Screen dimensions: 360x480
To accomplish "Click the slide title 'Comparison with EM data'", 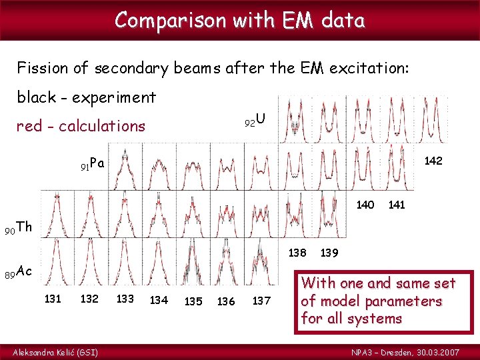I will coord(239,21).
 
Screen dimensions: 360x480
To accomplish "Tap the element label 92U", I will coord(255,121).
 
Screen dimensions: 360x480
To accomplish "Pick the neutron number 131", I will coord(53,299).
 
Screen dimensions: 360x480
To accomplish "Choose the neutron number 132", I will coord(89,299).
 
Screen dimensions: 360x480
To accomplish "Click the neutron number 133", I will coord(125,299).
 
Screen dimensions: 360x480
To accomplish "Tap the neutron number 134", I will coord(159,301).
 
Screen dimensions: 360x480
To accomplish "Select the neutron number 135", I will coord(193,301).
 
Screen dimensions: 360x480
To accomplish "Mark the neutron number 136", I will coord(226,301).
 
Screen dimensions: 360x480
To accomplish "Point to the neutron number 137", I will coord(261,301).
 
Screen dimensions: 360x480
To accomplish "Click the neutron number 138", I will coord(297,253).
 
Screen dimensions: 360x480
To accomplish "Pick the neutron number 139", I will coord(329,253).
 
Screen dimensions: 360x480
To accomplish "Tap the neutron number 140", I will coord(365,205).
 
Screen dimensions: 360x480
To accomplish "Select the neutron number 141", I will coord(397,205).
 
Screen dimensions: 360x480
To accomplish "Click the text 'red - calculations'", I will coord(81,126).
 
